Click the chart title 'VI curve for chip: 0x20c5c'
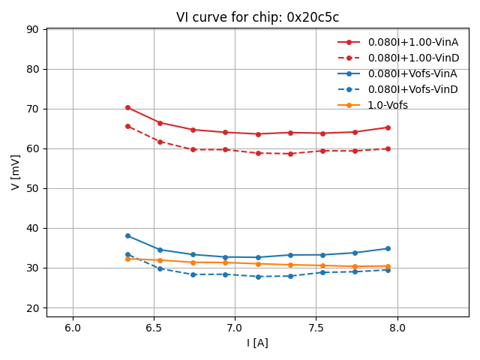coord(257,17)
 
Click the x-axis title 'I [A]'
coord(257,343)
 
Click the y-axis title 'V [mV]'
coord(16,172)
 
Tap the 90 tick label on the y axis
coord(33,29)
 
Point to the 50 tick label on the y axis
coord(33,188)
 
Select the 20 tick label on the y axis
coord(33,307)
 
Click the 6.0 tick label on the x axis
coord(73,328)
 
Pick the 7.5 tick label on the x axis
coord(316,328)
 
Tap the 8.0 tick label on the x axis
coord(397,328)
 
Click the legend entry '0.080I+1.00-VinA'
coord(413,42)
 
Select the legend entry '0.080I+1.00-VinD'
coord(413,58)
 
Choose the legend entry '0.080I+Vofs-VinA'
coord(412,73)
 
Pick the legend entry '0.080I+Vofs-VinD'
coord(412,89)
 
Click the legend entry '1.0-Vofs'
coord(388,105)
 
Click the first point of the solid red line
coord(127,107)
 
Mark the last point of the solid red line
coord(388,127)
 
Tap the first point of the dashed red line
coord(127,126)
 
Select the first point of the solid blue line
coord(127,235)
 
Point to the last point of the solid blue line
coord(388,248)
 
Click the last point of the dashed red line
coord(388,148)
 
